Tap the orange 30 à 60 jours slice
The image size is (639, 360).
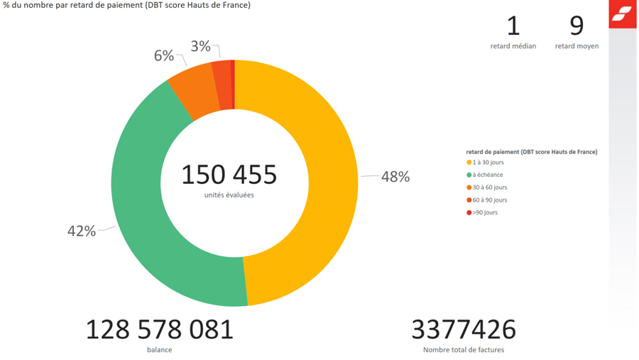(194, 91)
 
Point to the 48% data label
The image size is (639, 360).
(395, 177)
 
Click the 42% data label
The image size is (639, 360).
(81, 231)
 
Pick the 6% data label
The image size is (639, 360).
(164, 55)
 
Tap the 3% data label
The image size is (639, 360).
(200, 46)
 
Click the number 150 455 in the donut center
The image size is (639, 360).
(229, 175)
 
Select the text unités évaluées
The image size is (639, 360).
(229, 195)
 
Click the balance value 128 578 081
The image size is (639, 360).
(159, 329)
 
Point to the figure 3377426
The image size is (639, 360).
(463, 329)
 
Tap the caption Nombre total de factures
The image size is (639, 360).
(463, 349)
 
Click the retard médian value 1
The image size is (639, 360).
(513, 26)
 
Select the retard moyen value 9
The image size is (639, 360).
(577, 26)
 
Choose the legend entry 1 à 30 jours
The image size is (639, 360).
(488, 163)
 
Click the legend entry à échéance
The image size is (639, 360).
(487, 175)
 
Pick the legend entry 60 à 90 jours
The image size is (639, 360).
(489, 200)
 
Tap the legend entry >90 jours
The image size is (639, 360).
(485, 212)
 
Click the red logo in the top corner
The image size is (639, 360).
(622, 13)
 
